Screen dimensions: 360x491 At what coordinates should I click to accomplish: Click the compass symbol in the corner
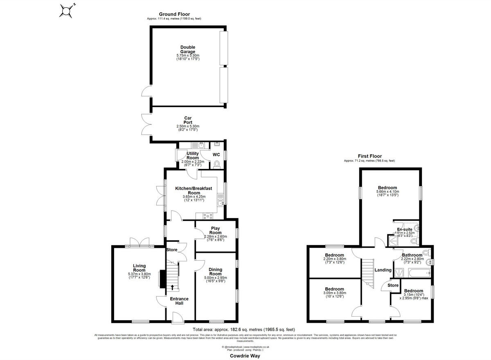coord(66,10)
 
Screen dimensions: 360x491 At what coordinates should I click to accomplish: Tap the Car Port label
coord(188,120)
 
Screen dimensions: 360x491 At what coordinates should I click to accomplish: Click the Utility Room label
coord(193,155)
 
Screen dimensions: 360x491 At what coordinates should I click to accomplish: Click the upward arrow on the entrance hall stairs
coord(172,287)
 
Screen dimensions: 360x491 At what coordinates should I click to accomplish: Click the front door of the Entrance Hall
coord(178,317)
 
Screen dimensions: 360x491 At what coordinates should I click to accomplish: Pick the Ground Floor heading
coord(174,14)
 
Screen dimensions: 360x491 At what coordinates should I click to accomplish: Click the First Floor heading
coord(369,156)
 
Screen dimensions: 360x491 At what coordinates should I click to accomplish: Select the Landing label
coord(383,270)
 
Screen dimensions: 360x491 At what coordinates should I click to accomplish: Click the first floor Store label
coord(393,285)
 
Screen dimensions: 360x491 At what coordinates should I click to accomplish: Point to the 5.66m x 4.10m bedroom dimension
coord(387,192)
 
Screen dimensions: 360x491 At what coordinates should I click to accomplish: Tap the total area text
coord(244,330)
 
